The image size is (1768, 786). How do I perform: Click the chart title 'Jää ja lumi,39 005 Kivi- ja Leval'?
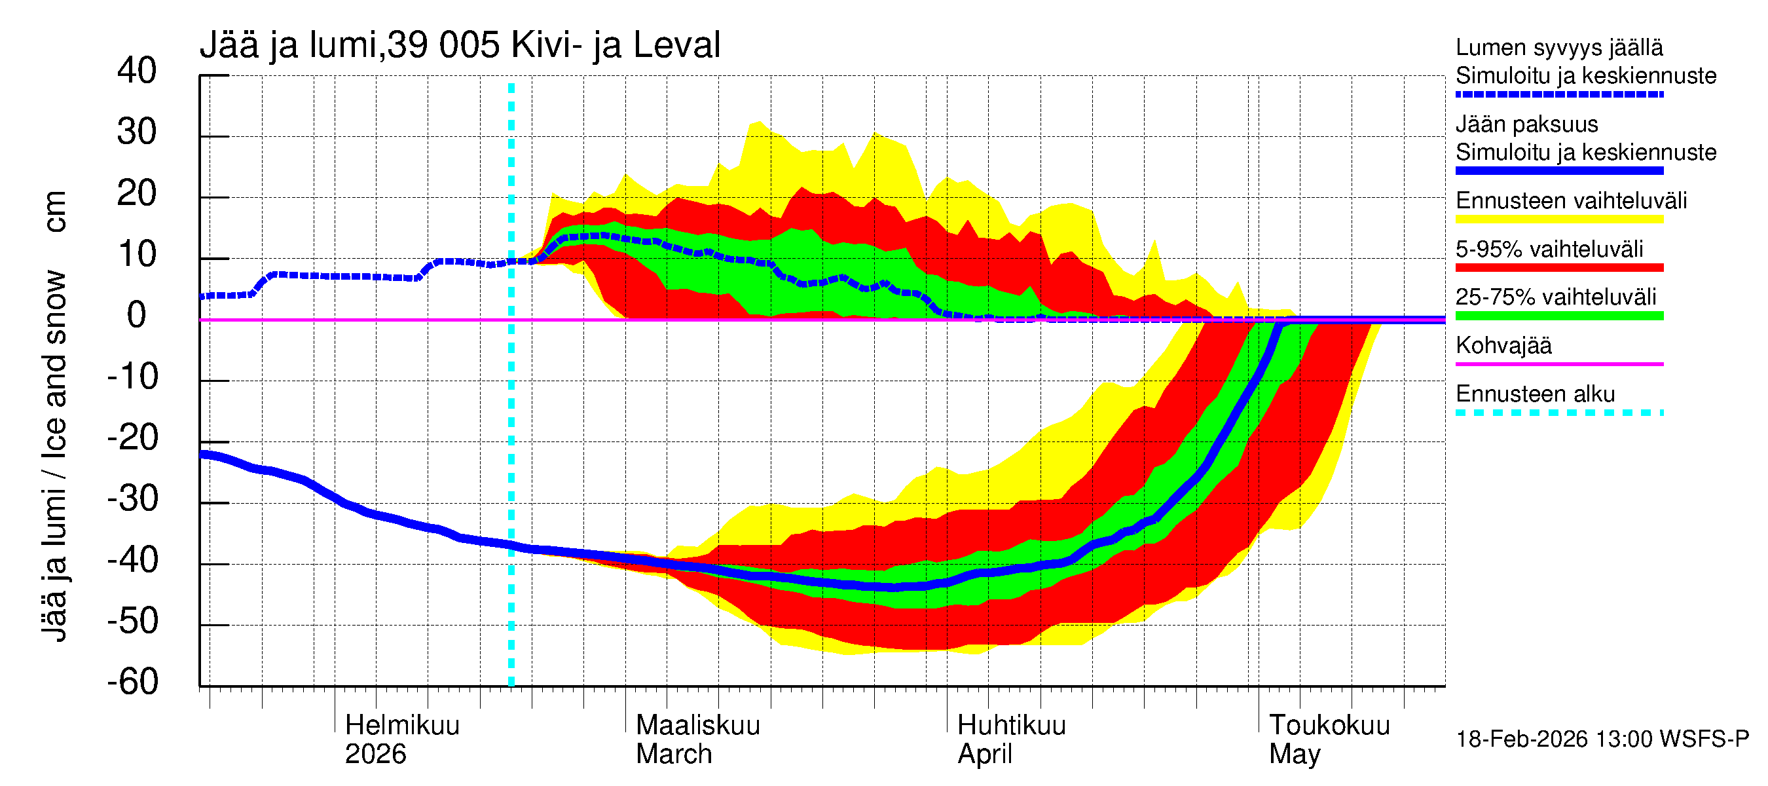point(459,45)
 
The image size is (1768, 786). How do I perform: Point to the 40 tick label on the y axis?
point(137,71)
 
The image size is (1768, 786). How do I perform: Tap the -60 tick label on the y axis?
point(132,682)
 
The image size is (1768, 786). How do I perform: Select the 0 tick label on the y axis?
point(137,315)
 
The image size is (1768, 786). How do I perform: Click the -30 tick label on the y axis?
point(132,498)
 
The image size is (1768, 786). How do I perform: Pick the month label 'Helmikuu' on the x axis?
point(402,725)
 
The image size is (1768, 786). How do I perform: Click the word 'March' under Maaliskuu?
point(673,754)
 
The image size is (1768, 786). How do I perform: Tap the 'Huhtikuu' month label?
point(1011,725)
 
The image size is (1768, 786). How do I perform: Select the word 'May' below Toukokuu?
point(1295,754)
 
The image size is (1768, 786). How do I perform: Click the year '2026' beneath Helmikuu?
point(375,754)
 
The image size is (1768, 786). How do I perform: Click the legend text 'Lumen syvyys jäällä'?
point(1558,47)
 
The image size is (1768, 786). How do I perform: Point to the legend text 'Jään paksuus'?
point(1526,124)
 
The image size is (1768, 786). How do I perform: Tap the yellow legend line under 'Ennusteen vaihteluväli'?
point(1558,219)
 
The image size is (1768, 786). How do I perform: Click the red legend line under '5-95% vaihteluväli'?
point(1558,268)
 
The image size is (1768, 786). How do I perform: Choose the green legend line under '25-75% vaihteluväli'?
point(1558,316)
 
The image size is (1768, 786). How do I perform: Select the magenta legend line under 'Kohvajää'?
point(1558,364)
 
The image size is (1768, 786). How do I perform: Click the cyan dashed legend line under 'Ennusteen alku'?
point(1558,413)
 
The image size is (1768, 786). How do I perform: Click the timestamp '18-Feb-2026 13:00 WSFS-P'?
point(1602,739)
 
